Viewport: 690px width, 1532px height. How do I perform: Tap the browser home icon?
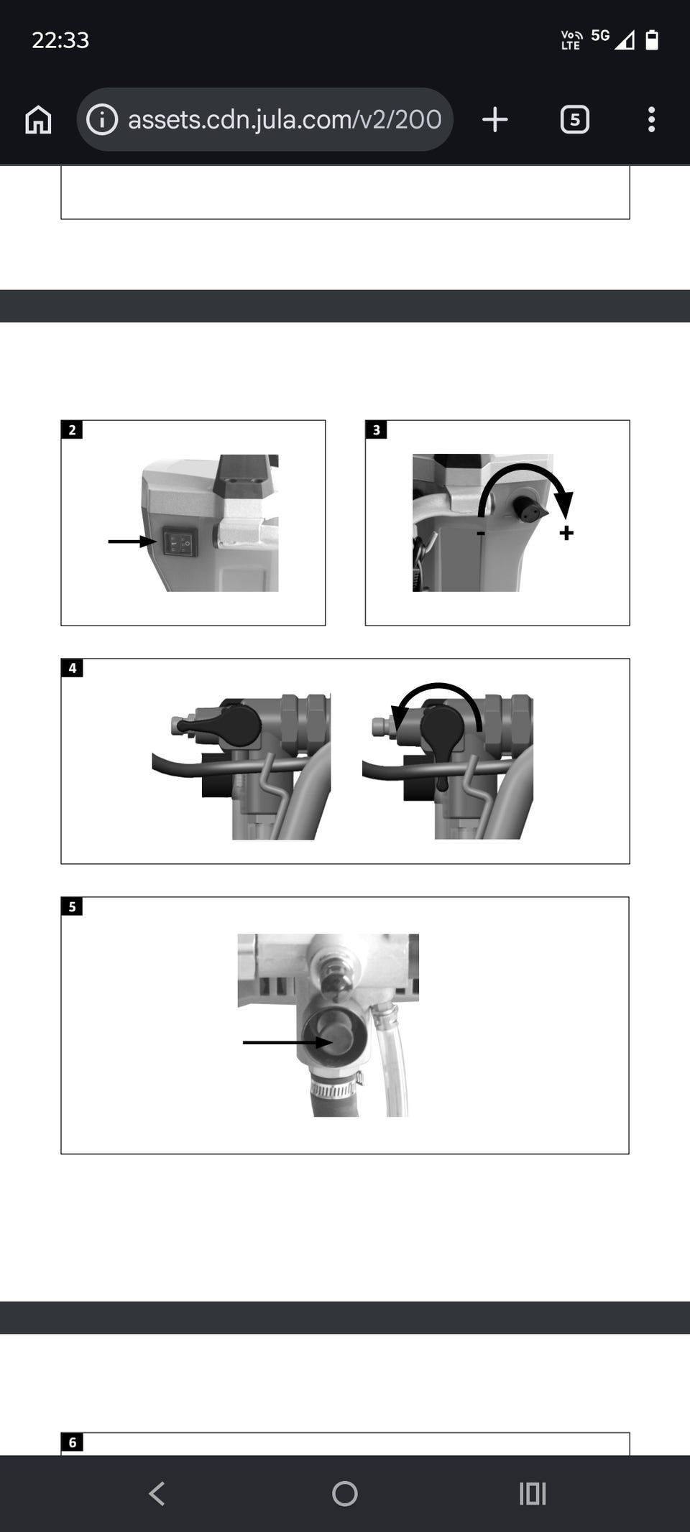(38, 119)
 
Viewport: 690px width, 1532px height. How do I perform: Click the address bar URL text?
(285, 119)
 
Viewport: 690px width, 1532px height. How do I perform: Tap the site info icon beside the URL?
(102, 119)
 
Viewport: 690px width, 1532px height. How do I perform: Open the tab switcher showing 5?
(574, 119)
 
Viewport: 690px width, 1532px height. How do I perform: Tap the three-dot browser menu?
(651, 119)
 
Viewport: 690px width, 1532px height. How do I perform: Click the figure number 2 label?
(72, 430)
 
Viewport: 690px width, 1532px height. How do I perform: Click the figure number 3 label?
(376, 430)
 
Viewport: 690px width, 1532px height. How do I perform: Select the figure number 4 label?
(72, 668)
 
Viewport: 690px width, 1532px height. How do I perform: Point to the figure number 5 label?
(72, 906)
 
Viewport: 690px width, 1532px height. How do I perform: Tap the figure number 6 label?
(72, 1442)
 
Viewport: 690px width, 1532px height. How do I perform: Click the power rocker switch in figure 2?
(180, 542)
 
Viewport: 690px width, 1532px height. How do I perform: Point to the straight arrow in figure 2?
(132, 542)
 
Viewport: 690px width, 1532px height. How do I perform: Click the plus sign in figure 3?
(566, 533)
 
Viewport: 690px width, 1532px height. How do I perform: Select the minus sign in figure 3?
(480, 534)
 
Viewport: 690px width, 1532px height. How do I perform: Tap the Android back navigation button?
(157, 1494)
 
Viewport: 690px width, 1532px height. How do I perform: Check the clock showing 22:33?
(60, 40)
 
